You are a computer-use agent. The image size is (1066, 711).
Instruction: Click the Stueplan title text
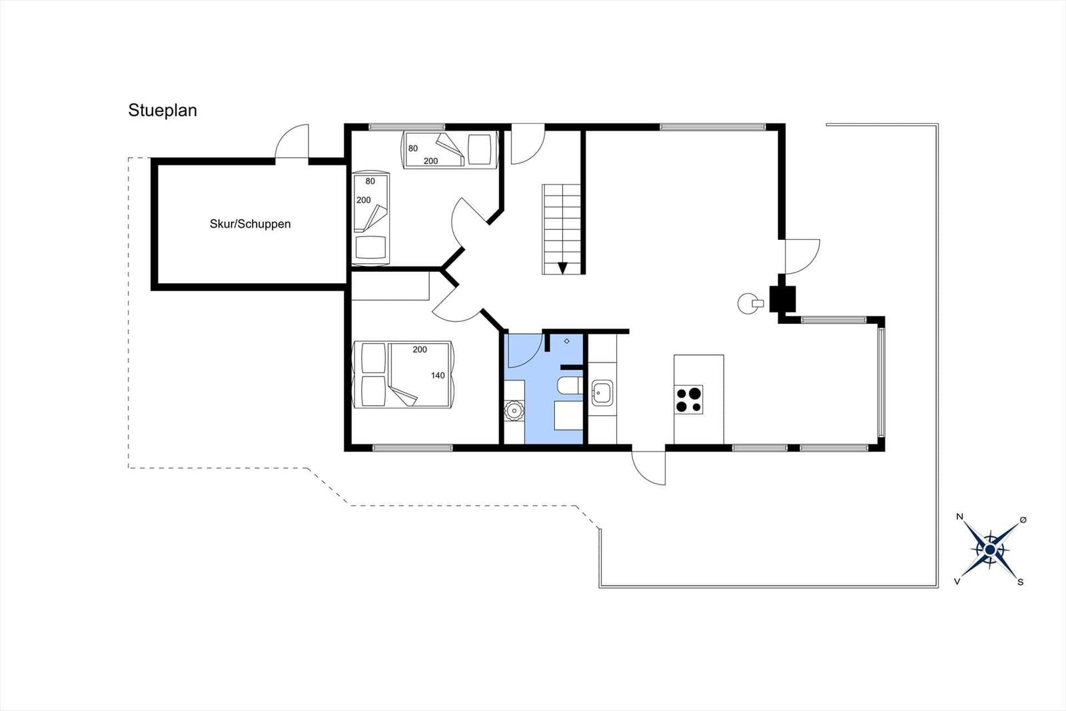[163, 111]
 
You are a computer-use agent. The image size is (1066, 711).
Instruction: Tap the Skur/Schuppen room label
[250, 224]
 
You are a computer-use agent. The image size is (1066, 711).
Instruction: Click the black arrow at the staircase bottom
[562, 268]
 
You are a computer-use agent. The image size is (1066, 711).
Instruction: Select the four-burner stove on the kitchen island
[689, 399]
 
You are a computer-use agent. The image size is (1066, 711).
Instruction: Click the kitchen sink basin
[602, 394]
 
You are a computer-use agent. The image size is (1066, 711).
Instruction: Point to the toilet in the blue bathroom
[570, 385]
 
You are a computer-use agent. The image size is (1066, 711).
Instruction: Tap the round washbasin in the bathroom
[514, 410]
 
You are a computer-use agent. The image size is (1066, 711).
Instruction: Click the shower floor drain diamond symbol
[567, 341]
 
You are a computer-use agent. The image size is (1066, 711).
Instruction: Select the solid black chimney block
[782, 299]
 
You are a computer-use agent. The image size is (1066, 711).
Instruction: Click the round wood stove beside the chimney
[747, 303]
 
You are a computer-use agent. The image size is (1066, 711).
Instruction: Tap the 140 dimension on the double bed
[438, 375]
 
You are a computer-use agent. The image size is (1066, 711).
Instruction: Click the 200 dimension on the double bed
[420, 349]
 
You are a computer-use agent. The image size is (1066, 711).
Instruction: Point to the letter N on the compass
[960, 516]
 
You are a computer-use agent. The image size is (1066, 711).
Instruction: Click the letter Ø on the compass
[1023, 520]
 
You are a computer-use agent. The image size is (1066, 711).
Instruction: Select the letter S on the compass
[1020, 582]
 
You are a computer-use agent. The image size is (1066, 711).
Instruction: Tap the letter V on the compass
[957, 582]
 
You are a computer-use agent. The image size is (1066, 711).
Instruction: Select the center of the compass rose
[990, 550]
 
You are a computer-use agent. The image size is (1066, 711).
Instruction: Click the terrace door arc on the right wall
[809, 264]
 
